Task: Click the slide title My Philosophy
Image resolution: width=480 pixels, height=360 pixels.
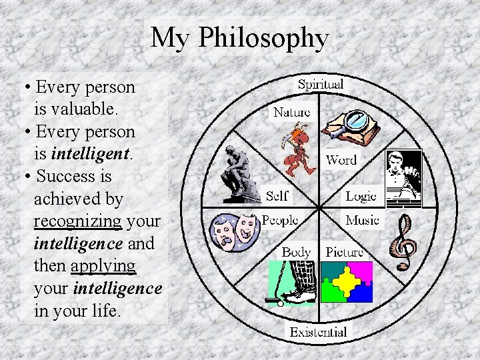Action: [x=239, y=38]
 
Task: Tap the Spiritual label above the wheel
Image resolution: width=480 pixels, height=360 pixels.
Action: [x=320, y=85]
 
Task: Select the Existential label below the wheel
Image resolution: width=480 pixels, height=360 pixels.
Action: [x=318, y=331]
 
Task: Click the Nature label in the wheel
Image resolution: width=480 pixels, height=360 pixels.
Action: [x=291, y=112]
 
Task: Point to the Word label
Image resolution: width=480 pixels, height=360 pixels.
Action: [x=341, y=160]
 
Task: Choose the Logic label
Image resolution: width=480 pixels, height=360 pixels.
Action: [x=361, y=196]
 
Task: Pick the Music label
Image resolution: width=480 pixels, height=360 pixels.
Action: [x=362, y=220]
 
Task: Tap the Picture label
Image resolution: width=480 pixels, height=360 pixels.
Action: [x=345, y=252]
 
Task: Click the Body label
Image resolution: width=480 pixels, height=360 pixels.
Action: [x=296, y=252]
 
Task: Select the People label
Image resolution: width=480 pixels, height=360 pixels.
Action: [x=280, y=220]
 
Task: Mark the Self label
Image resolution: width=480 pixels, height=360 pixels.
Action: [x=277, y=196]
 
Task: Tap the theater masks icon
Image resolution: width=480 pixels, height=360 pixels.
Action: [x=234, y=231]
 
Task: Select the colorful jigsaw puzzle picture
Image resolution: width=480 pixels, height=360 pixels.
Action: [x=347, y=282]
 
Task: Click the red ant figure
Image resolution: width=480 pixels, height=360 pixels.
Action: [x=296, y=148]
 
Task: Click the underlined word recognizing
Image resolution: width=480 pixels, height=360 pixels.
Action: [x=77, y=221]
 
